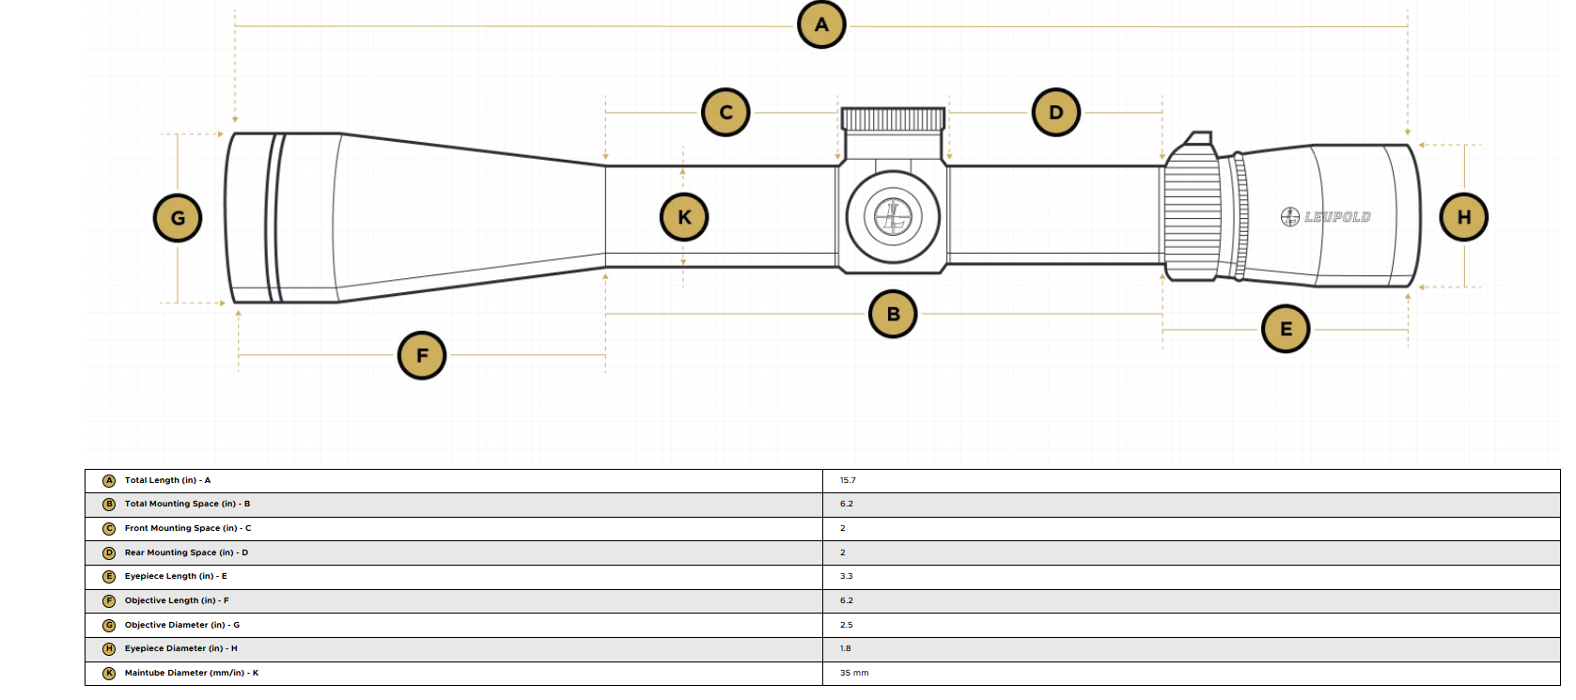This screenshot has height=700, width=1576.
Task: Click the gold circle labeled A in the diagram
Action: pyautogui.click(x=821, y=25)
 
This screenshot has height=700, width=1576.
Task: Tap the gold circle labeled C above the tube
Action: pyautogui.click(x=726, y=112)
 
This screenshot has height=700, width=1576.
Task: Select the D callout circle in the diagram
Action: pyautogui.click(x=1055, y=112)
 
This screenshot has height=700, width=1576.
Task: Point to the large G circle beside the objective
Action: pyautogui.click(x=178, y=218)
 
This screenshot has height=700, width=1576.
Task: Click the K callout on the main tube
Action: pyautogui.click(x=684, y=217)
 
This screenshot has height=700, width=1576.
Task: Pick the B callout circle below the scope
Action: pyautogui.click(x=893, y=314)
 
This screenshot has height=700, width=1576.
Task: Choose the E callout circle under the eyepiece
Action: pyautogui.click(x=1286, y=329)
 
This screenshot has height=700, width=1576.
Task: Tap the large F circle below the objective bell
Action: pyautogui.click(x=421, y=355)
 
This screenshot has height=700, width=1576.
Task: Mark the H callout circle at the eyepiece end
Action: pyautogui.click(x=1463, y=217)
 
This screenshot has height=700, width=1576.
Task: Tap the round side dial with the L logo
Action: pyautogui.click(x=893, y=217)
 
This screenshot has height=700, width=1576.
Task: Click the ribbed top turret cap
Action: pyautogui.click(x=893, y=119)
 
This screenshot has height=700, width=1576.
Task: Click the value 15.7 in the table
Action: pyautogui.click(x=848, y=480)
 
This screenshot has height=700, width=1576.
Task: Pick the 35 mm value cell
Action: pyautogui.click(x=854, y=674)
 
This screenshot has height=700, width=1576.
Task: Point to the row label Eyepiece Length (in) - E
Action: pyautogui.click(x=176, y=576)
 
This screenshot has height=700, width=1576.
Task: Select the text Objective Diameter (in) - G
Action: pyautogui.click(x=182, y=625)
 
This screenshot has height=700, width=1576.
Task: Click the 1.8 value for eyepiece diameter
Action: pyautogui.click(x=845, y=648)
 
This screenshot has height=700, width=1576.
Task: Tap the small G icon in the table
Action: pyautogui.click(x=108, y=626)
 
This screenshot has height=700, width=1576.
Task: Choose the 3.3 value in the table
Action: pyautogui.click(x=846, y=576)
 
